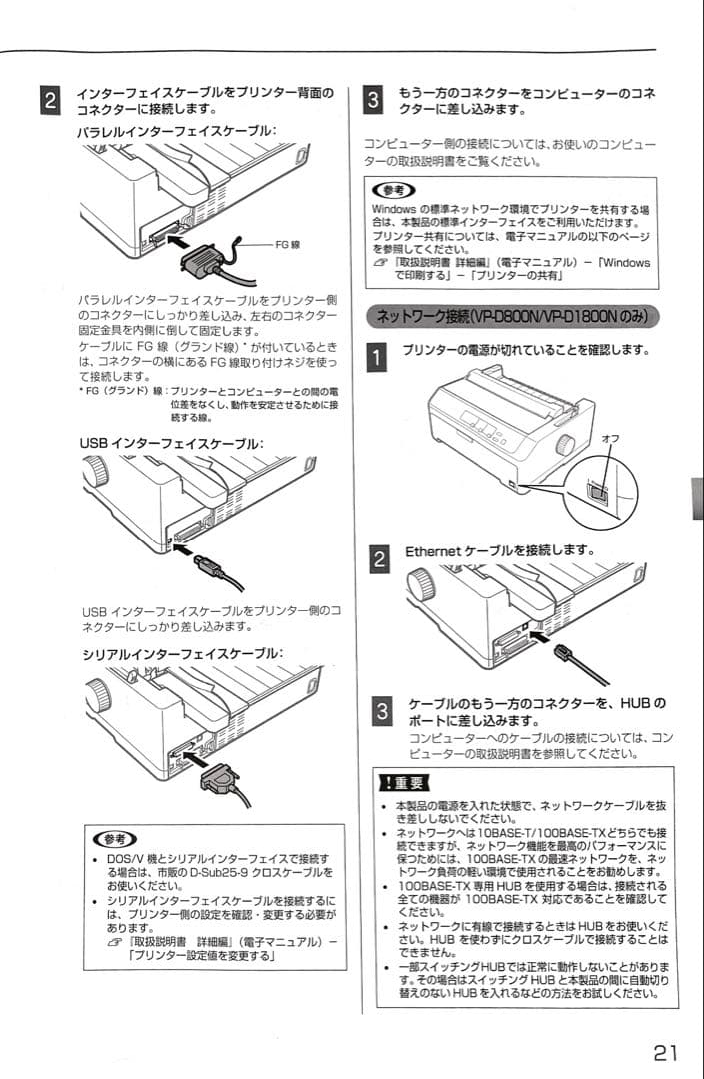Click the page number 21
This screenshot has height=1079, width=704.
666,1052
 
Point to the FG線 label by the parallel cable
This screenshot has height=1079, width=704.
289,243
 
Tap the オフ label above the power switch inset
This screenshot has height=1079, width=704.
610,439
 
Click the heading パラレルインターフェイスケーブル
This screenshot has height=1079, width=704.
177,131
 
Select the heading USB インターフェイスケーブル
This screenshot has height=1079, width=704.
172,443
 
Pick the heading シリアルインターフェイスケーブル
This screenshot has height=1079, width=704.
182,654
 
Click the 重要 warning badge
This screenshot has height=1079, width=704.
400,781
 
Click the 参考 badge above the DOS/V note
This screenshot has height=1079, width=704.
112,839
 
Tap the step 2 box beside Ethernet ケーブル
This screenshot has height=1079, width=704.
379,558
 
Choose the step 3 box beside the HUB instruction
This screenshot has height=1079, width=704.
379,712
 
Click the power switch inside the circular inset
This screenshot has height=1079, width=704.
596,488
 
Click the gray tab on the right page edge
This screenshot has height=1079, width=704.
697,497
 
